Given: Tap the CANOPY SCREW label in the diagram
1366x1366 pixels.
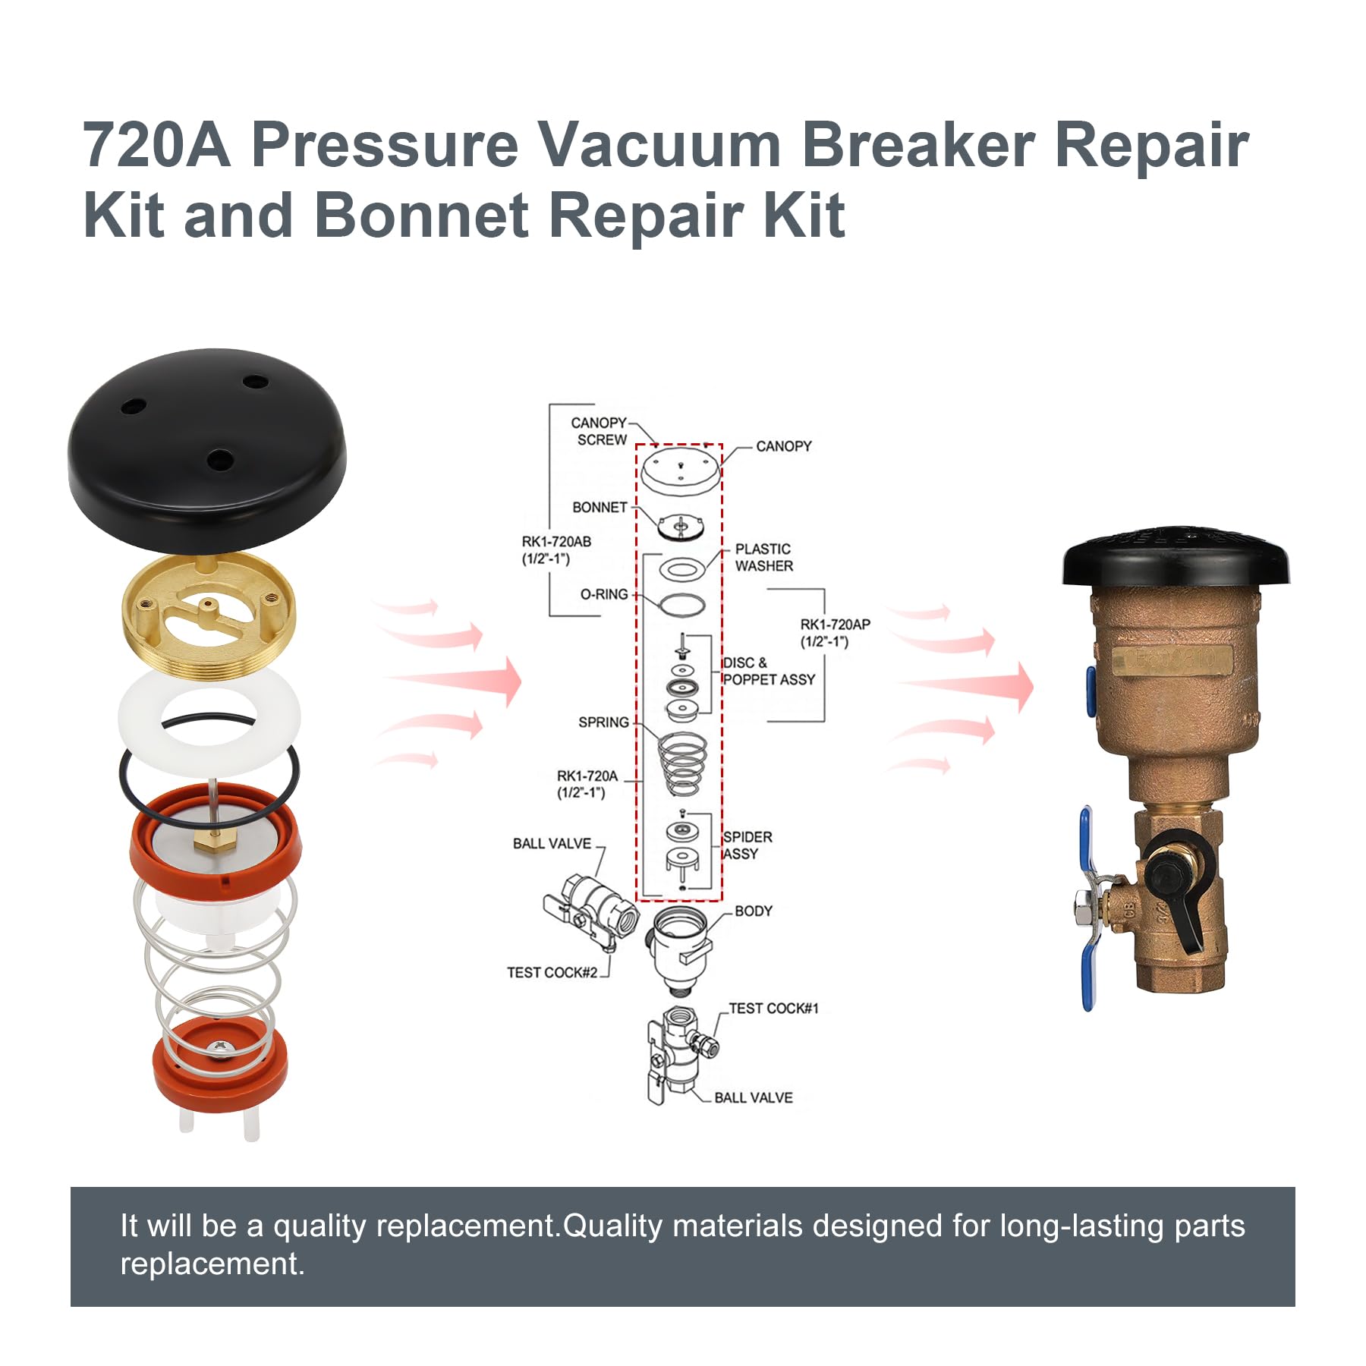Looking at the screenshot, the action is pyautogui.click(x=599, y=431).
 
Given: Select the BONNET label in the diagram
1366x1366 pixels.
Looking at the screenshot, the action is pyautogui.click(x=600, y=507).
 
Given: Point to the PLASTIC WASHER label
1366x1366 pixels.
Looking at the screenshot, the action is pyautogui.click(x=763, y=557).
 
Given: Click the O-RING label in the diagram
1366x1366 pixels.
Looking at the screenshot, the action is pyautogui.click(x=604, y=594).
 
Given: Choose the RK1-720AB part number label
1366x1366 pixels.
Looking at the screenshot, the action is pyautogui.click(x=556, y=550).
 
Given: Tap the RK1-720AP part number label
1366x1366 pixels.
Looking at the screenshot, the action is pyautogui.click(x=835, y=633).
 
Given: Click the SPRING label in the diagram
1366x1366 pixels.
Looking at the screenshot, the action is pyautogui.click(x=603, y=722).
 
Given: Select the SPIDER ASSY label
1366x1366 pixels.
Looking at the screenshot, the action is pyautogui.click(x=747, y=845).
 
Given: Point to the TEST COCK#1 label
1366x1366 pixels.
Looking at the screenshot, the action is pyautogui.click(x=773, y=1009).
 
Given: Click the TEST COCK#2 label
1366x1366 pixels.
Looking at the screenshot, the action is pyautogui.click(x=552, y=973).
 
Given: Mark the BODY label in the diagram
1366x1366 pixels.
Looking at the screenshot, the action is pyautogui.click(x=753, y=911).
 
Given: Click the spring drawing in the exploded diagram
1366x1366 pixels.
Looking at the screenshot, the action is pyautogui.click(x=682, y=764).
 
